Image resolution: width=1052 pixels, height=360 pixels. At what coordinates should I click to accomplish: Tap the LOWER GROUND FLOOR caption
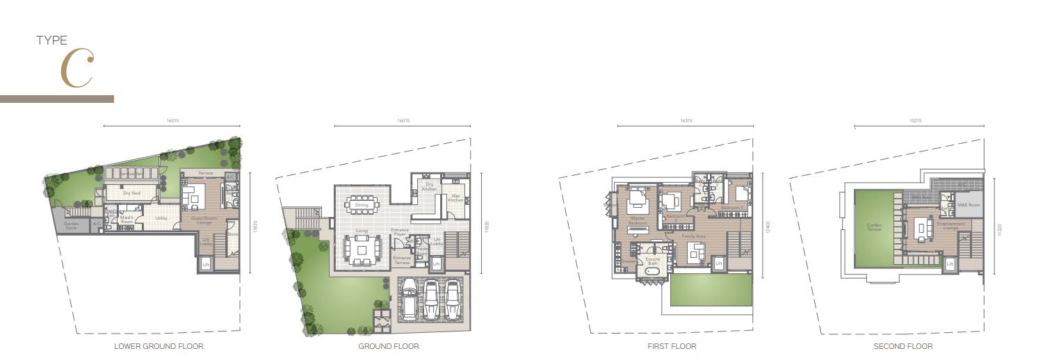pos(159,346)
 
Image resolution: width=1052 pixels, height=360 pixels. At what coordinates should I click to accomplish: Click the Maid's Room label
pos(127,220)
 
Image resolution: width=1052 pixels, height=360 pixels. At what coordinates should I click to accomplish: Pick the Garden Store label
pos(72,225)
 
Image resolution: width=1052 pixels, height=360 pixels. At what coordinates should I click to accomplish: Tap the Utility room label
pos(161,218)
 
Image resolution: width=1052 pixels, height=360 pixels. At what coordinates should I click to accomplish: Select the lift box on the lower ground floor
pos(206,265)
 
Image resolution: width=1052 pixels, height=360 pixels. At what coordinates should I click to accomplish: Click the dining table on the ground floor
pos(362,205)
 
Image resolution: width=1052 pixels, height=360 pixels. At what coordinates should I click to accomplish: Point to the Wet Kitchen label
pos(455,198)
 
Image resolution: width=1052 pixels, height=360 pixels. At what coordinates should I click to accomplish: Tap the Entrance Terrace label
pos(402,261)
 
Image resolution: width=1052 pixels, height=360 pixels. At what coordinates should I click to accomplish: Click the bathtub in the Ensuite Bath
pos(653,272)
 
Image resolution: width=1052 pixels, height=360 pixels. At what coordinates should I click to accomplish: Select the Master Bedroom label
pos(638,221)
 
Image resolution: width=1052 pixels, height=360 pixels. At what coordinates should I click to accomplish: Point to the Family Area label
pos(693,236)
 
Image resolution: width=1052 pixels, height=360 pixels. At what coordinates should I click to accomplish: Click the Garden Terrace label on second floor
pos(874,227)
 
